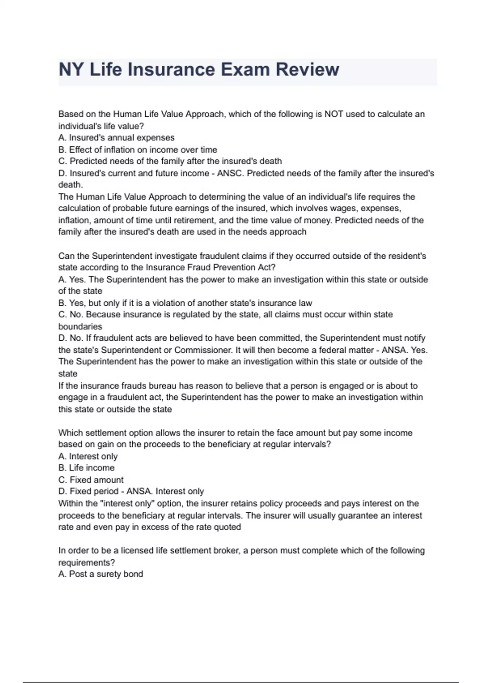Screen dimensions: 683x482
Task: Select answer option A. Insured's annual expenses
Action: pyautogui.click(x=116, y=138)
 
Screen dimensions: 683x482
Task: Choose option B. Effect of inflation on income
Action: pyautogui.click(x=138, y=150)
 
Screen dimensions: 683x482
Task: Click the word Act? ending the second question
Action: pyautogui.click(x=267, y=268)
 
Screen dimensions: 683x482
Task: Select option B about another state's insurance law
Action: pyautogui.click(x=185, y=303)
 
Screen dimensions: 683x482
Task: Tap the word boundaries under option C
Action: pyautogui.click(x=80, y=326)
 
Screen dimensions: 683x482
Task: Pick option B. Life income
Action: pyautogui.click(x=86, y=468)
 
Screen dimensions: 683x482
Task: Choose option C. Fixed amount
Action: pyautogui.click(x=91, y=480)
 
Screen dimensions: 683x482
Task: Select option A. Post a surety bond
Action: pyautogui.click(x=100, y=574)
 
